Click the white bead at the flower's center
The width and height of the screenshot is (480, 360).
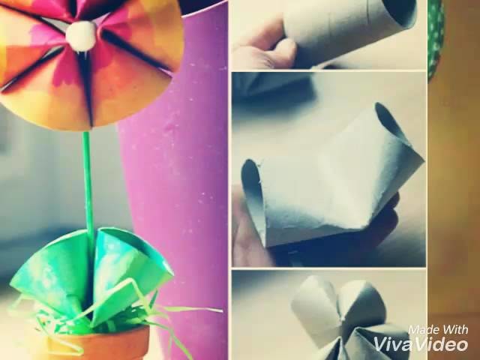click(82, 33)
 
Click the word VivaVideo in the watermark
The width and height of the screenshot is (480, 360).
click(421, 344)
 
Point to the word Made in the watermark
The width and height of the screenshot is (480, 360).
click(423, 329)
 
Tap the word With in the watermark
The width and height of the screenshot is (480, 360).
click(454, 329)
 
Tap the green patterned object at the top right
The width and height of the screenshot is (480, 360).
click(436, 34)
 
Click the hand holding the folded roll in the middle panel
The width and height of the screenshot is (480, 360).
click(247, 240)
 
